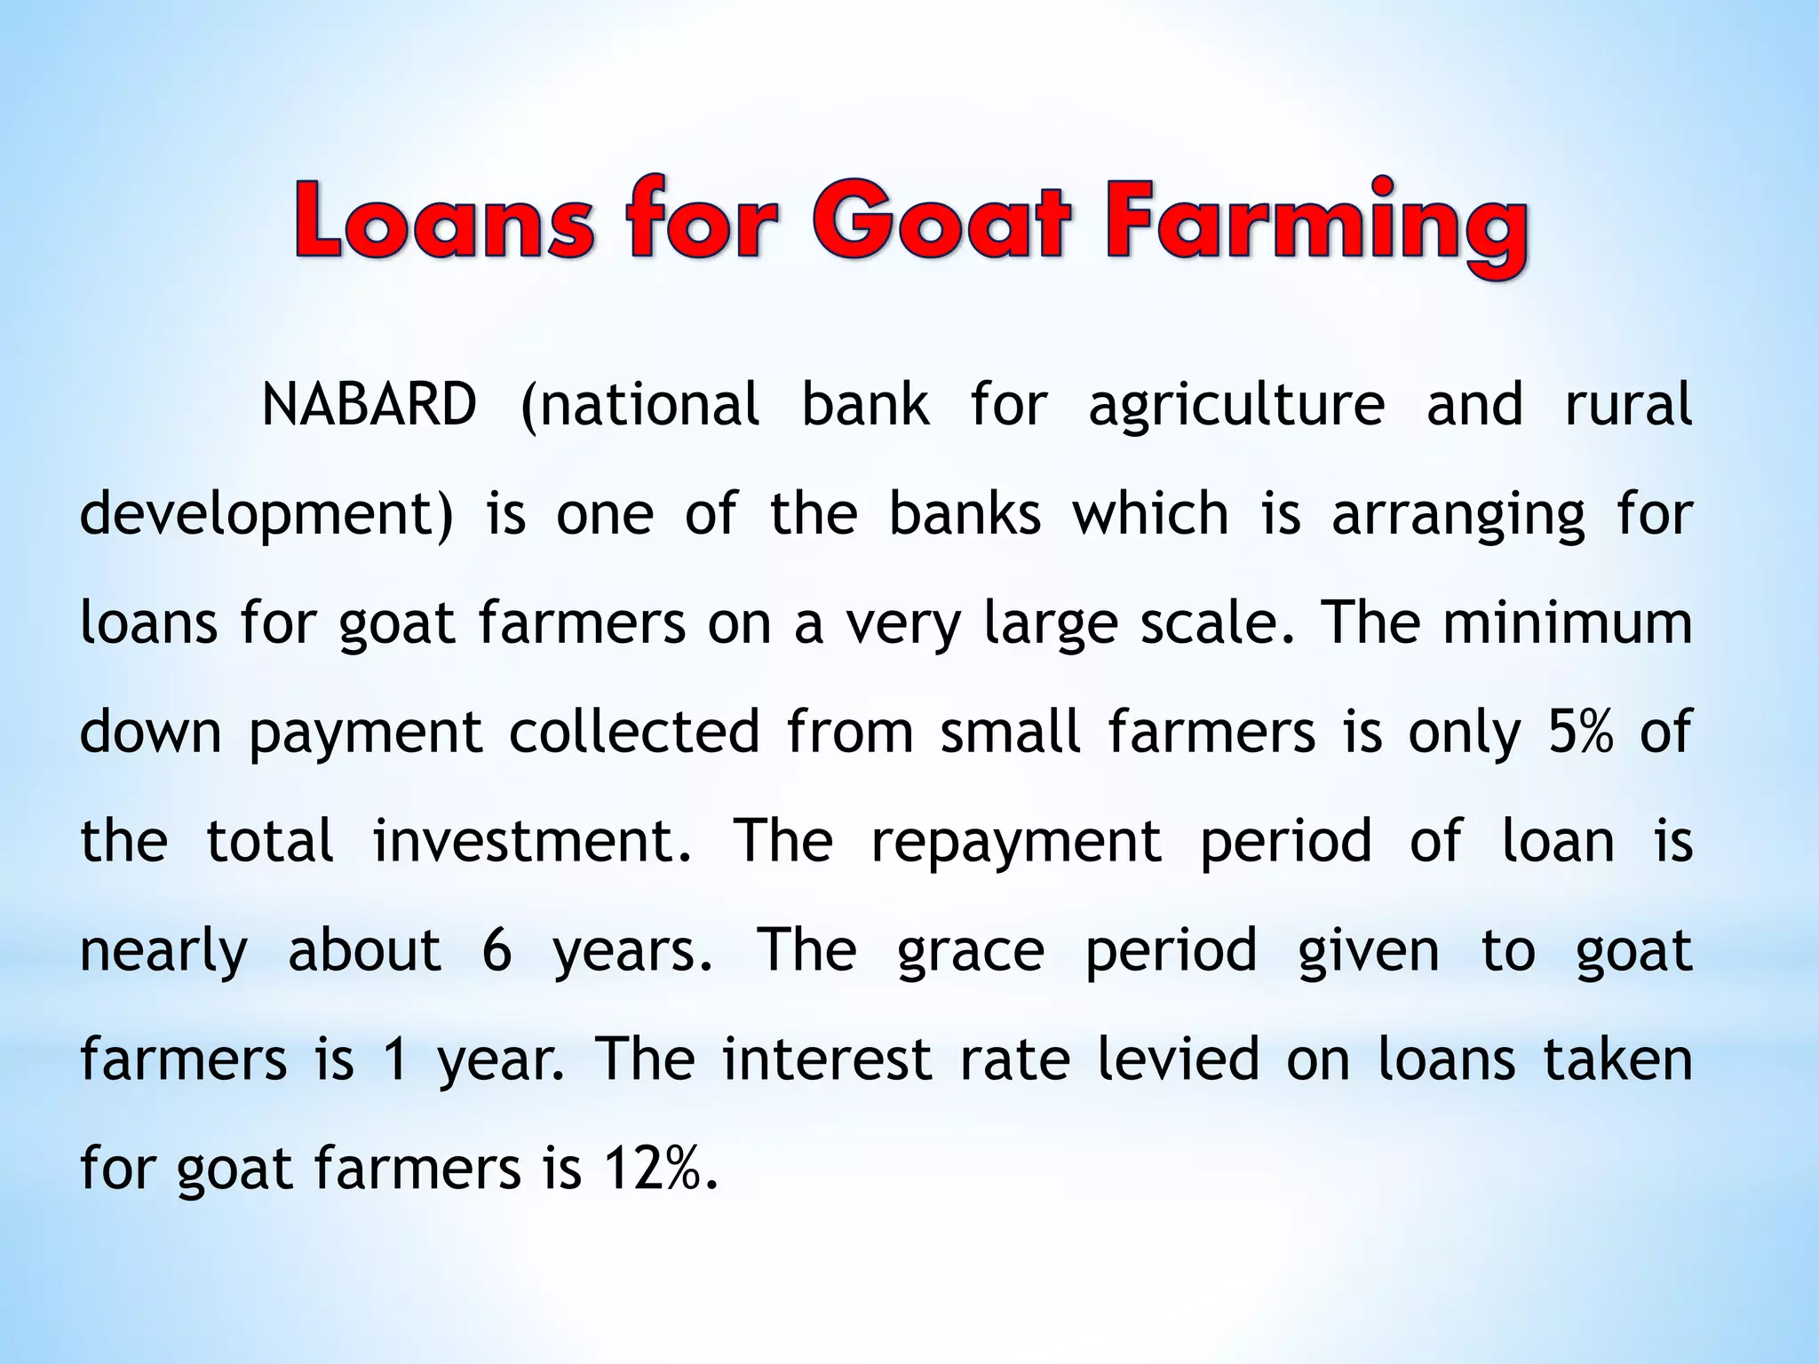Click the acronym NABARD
click(369, 405)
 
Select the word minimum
click(1568, 623)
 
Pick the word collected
click(634, 732)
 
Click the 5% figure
click(1580, 732)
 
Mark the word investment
click(531, 841)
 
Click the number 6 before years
click(497, 950)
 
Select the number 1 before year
click(395, 1059)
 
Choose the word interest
click(826, 1059)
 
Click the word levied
click(1178, 1059)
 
